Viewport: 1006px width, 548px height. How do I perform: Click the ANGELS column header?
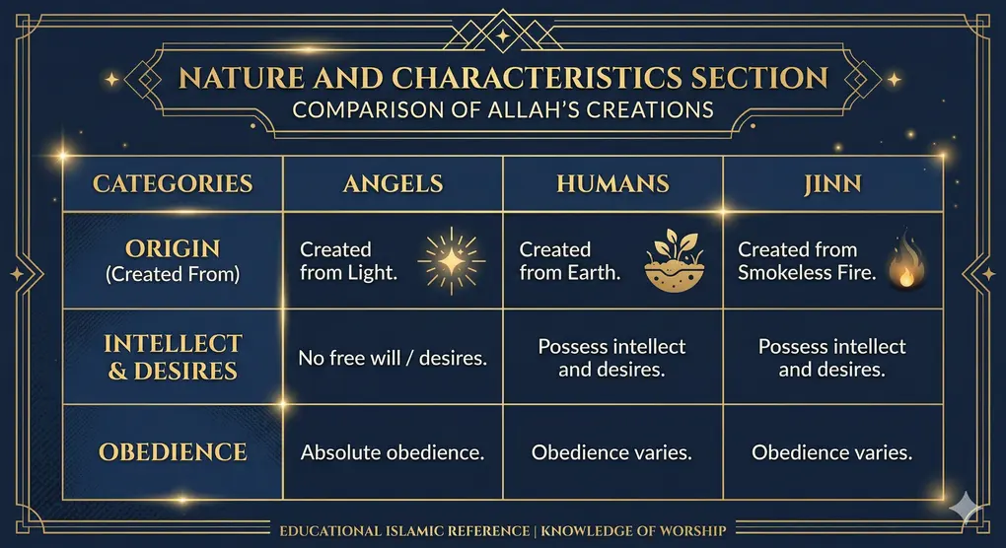(x=393, y=184)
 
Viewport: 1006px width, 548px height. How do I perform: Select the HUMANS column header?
(x=612, y=184)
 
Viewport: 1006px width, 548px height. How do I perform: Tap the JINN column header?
(x=833, y=184)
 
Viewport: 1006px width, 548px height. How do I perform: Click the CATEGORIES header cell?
(x=173, y=184)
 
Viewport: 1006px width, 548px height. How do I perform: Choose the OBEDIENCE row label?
(x=173, y=452)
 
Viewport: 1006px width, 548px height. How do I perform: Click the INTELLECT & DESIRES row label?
(x=173, y=358)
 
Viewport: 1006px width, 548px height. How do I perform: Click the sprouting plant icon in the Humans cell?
(x=671, y=261)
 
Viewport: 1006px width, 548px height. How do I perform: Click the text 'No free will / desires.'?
(x=393, y=358)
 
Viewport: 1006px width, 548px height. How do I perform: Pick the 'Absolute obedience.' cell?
(x=393, y=452)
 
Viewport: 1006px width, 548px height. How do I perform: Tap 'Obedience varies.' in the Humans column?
(x=611, y=452)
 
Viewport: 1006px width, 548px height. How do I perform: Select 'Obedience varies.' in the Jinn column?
(x=831, y=452)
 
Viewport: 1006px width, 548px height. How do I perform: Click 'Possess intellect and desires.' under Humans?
(x=611, y=358)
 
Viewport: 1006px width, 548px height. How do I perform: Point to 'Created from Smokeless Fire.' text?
(x=807, y=261)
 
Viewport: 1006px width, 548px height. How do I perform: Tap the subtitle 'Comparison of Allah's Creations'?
(x=503, y=108)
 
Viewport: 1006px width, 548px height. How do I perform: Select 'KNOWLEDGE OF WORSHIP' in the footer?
(x=641, y=531)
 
